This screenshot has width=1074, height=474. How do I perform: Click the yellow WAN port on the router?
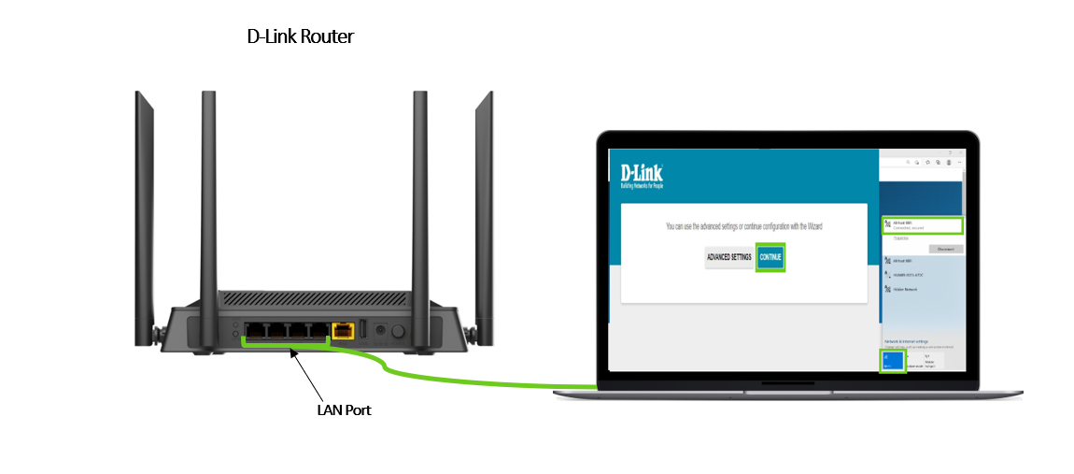tap(344, 330)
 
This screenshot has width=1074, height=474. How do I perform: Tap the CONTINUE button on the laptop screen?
tap(770, 257)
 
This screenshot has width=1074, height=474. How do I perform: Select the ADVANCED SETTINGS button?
tap(728, 257)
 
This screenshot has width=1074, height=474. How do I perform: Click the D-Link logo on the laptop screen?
tap(642, 175)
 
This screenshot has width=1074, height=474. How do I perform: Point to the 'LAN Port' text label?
tap(345, 409)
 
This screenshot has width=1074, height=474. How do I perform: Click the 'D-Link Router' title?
tap(300, 36)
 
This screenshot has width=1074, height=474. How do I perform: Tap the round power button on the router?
tap(399, 330)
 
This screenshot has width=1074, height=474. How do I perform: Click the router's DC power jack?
tap(380, 330)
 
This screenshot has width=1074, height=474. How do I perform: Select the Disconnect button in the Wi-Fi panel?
tap(945, 249)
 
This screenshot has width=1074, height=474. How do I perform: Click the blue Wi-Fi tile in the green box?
tap(893, 360)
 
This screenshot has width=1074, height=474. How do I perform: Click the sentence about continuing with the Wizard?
tap(743, 226)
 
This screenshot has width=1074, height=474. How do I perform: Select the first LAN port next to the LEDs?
tap(256, 330)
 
